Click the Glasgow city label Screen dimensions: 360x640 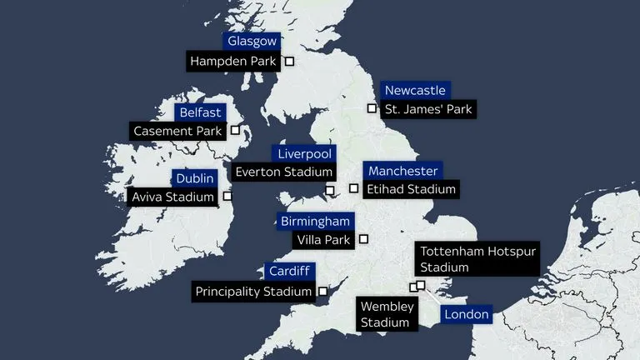252,42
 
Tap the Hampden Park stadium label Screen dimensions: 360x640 232,61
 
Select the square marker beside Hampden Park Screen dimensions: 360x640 290,61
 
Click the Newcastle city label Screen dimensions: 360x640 415,90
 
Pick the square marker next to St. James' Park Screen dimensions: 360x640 372,108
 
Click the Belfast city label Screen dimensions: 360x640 200,112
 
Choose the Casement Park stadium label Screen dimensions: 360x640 177,131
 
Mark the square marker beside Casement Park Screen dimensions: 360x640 235,131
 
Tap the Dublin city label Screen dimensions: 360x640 196,178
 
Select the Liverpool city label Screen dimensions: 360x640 305,153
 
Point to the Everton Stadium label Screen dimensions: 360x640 284,172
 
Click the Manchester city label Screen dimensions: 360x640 402,171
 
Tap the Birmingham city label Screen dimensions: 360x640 315,222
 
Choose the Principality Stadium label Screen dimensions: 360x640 253,292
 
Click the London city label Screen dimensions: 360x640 467,314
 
